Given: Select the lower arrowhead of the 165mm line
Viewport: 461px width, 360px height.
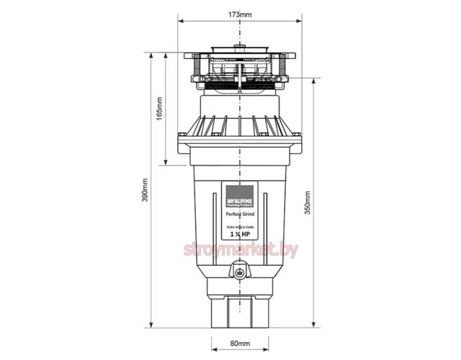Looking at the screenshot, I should (167, 163).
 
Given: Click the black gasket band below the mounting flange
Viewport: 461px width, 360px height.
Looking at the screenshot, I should (238, 86).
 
